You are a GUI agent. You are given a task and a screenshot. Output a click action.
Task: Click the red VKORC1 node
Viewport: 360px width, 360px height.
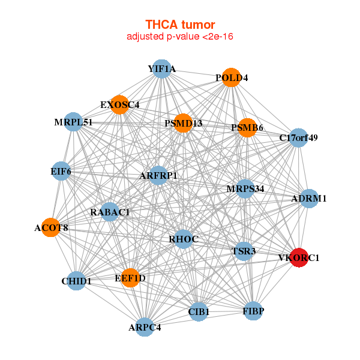point(299,257)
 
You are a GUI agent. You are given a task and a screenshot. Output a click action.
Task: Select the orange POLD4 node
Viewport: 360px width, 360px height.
point(231,77)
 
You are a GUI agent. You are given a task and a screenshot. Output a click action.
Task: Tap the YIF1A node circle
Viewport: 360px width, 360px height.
point(162,69)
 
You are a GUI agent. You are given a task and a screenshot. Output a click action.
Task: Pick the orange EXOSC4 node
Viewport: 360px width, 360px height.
point(119,104)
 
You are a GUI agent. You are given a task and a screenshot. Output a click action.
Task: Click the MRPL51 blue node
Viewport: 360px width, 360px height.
point(73,122)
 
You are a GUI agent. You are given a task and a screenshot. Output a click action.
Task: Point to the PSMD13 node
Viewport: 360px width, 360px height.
point(183,123)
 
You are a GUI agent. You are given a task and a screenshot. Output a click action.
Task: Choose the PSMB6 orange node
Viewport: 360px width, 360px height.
point(247,128)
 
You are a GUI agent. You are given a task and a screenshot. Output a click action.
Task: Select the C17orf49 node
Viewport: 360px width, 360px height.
point(298,138)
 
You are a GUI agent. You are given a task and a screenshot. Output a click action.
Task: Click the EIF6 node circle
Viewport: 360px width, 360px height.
point(61,171)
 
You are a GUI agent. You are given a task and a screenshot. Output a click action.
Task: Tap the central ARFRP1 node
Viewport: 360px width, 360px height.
point(158,175)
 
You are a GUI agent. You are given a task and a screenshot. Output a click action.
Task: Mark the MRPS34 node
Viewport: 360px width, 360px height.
point(245,189)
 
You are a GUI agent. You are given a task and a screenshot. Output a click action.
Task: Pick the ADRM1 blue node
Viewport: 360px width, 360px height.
point(309,199)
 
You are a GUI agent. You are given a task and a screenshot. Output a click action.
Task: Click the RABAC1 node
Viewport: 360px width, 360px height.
point(110,212)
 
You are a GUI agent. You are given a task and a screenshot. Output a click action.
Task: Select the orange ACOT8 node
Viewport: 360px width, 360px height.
point(51,227)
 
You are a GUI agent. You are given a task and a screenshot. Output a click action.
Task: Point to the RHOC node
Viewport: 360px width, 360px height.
point(183,239)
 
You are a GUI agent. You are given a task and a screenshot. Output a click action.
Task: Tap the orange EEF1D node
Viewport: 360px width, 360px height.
point(130,278)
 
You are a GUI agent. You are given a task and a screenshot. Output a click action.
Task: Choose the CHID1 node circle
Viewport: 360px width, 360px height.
point(76,281)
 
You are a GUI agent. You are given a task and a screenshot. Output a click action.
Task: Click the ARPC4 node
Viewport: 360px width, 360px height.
point(145,327)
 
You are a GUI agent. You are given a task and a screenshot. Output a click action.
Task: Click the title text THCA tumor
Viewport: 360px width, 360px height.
point(180,25)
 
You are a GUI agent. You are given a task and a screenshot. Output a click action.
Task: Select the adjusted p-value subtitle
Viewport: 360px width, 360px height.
point(180,37)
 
